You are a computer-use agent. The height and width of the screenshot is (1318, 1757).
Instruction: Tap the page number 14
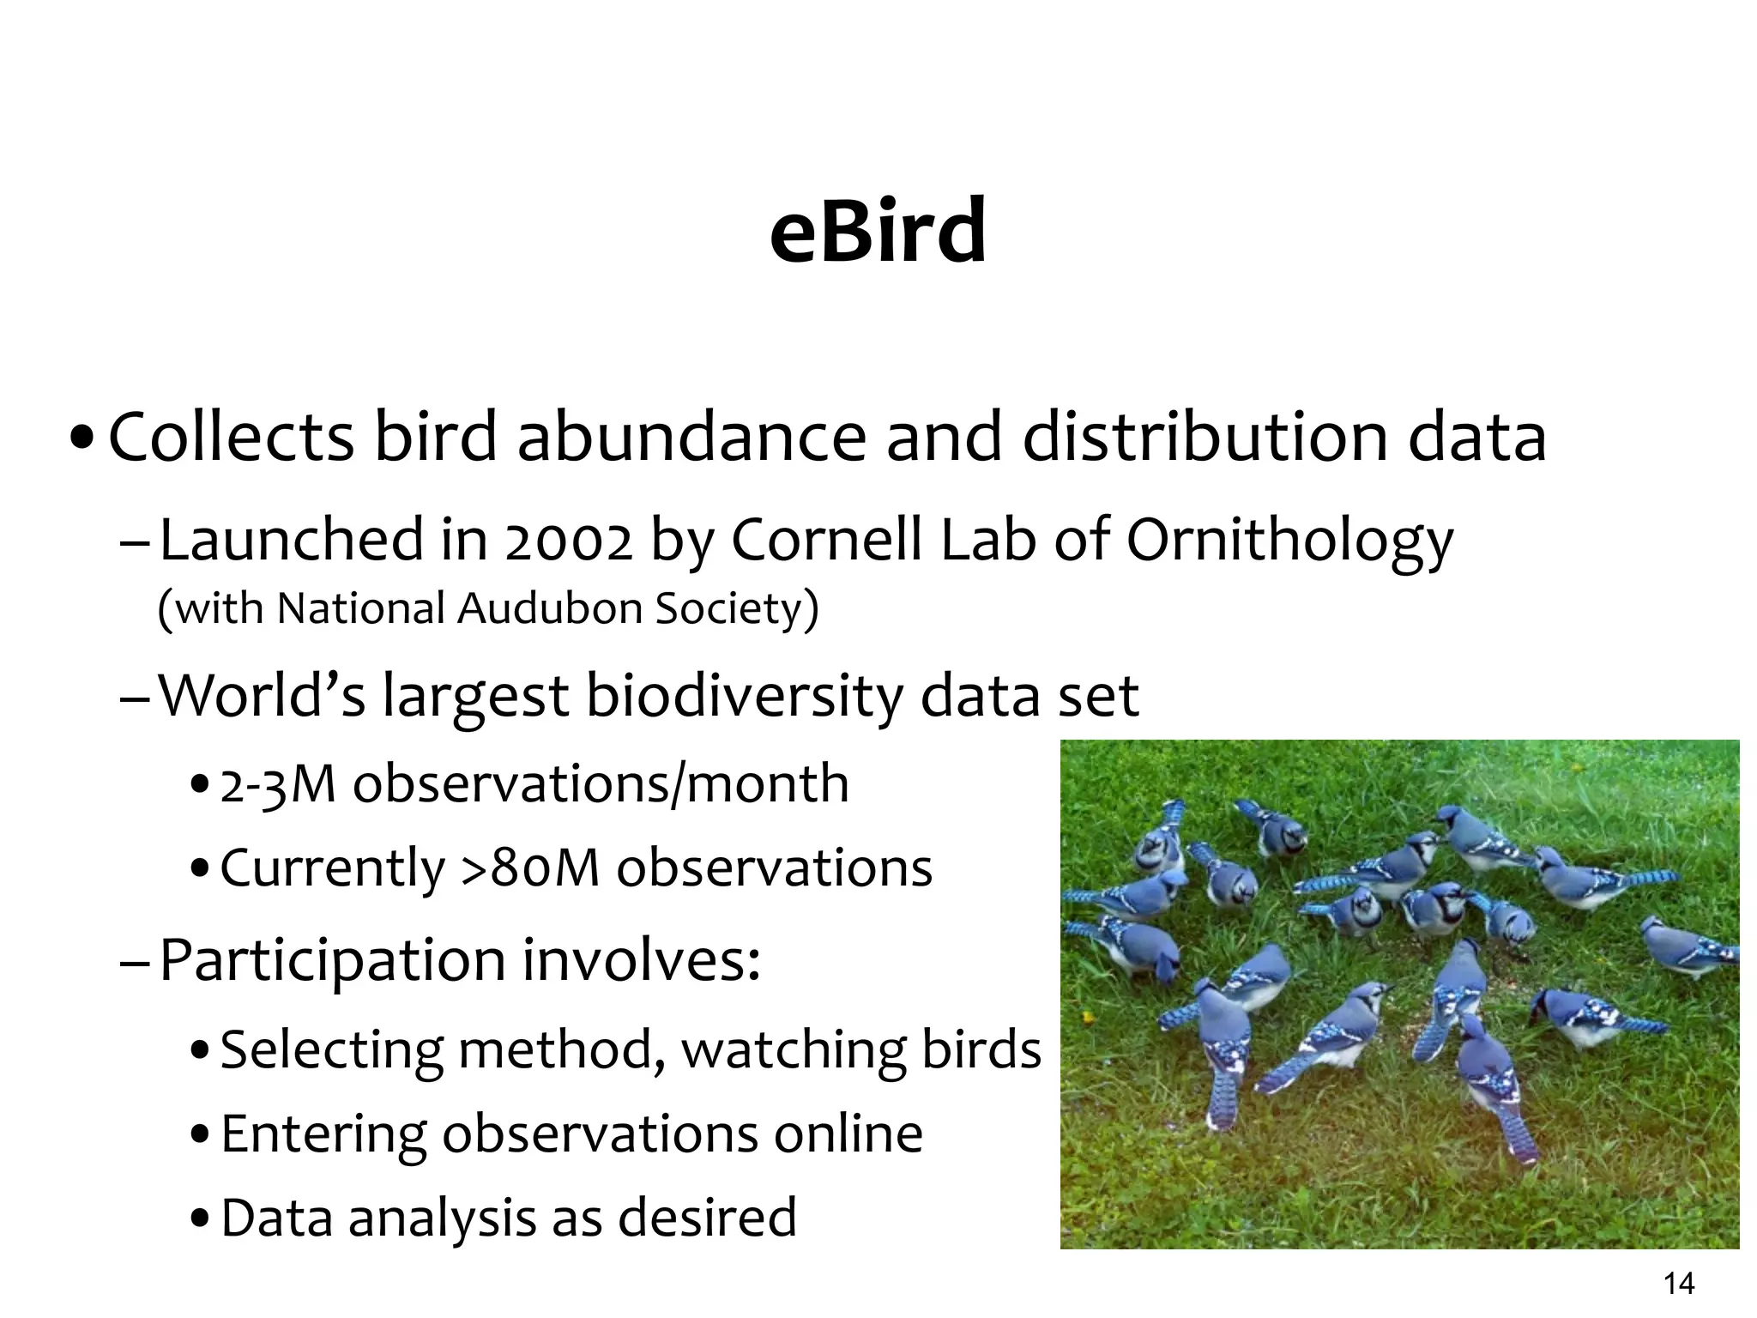click(x=1679, y=1284)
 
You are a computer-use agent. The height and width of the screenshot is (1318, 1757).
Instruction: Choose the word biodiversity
click(x=744, y=696)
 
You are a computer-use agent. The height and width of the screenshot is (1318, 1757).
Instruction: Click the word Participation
click(x=332, y=961)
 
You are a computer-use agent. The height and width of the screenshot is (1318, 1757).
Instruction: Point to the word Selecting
click(x=331, y=1050)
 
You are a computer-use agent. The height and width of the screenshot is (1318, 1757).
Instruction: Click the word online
click(x=848, y=1134)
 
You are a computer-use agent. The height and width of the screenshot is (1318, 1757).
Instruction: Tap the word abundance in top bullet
click(x=691, y=437)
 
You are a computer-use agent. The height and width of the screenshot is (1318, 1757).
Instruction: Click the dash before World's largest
click(x=136, y=698)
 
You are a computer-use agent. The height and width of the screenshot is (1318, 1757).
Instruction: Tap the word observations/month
click(x=601, y=784)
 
